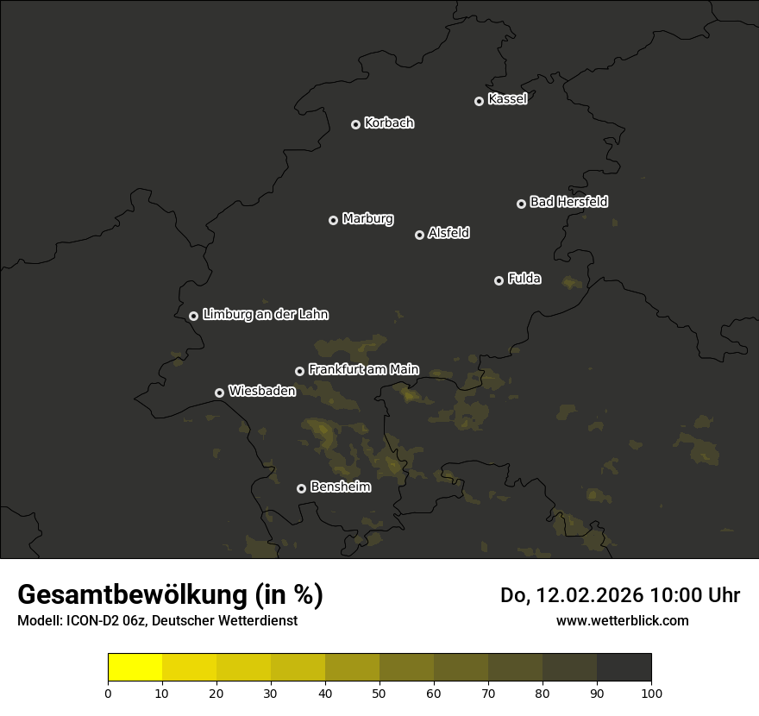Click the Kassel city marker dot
[x=479, y=101]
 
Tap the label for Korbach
[x=389, y=123]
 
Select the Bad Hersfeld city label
[x=568, y=202]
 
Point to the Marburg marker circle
[x=333, y=220]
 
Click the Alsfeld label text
[x=448, y=233]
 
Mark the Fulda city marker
[x=499, y=280]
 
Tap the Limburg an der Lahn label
[x=265, y=315]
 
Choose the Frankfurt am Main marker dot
[x=299, y=371]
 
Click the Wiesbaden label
[x=261, y=391]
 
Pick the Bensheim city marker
[x=301, y=488]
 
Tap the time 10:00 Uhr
[x=694, y=595]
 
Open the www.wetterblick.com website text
[x=622, y=620]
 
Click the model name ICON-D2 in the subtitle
[x=93, y=621]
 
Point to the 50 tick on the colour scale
[x=379, y=692]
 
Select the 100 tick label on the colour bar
[x=651, y=692]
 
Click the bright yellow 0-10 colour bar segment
[x=135, y=667]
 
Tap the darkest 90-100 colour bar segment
[x=624, y=667]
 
